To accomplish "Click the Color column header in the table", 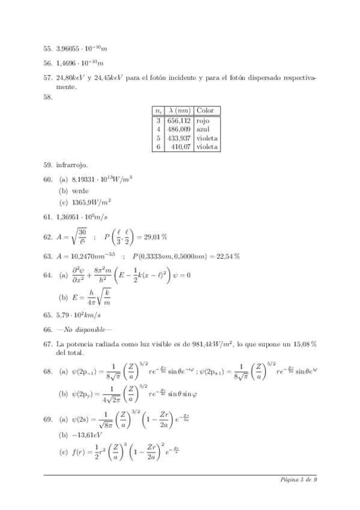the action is coord(206,111).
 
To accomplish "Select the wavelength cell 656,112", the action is coord(178,120).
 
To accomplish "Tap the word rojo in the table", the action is coord(203,120).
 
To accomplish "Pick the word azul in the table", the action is coord(203,129).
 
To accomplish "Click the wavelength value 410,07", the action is coord(182,146).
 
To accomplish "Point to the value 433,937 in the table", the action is coord(178,137).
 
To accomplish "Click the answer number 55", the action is coord(47,49).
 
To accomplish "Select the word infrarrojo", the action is coord(70,164).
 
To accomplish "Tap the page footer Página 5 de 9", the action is coord(299,479).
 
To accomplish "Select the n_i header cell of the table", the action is coord(158,111).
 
